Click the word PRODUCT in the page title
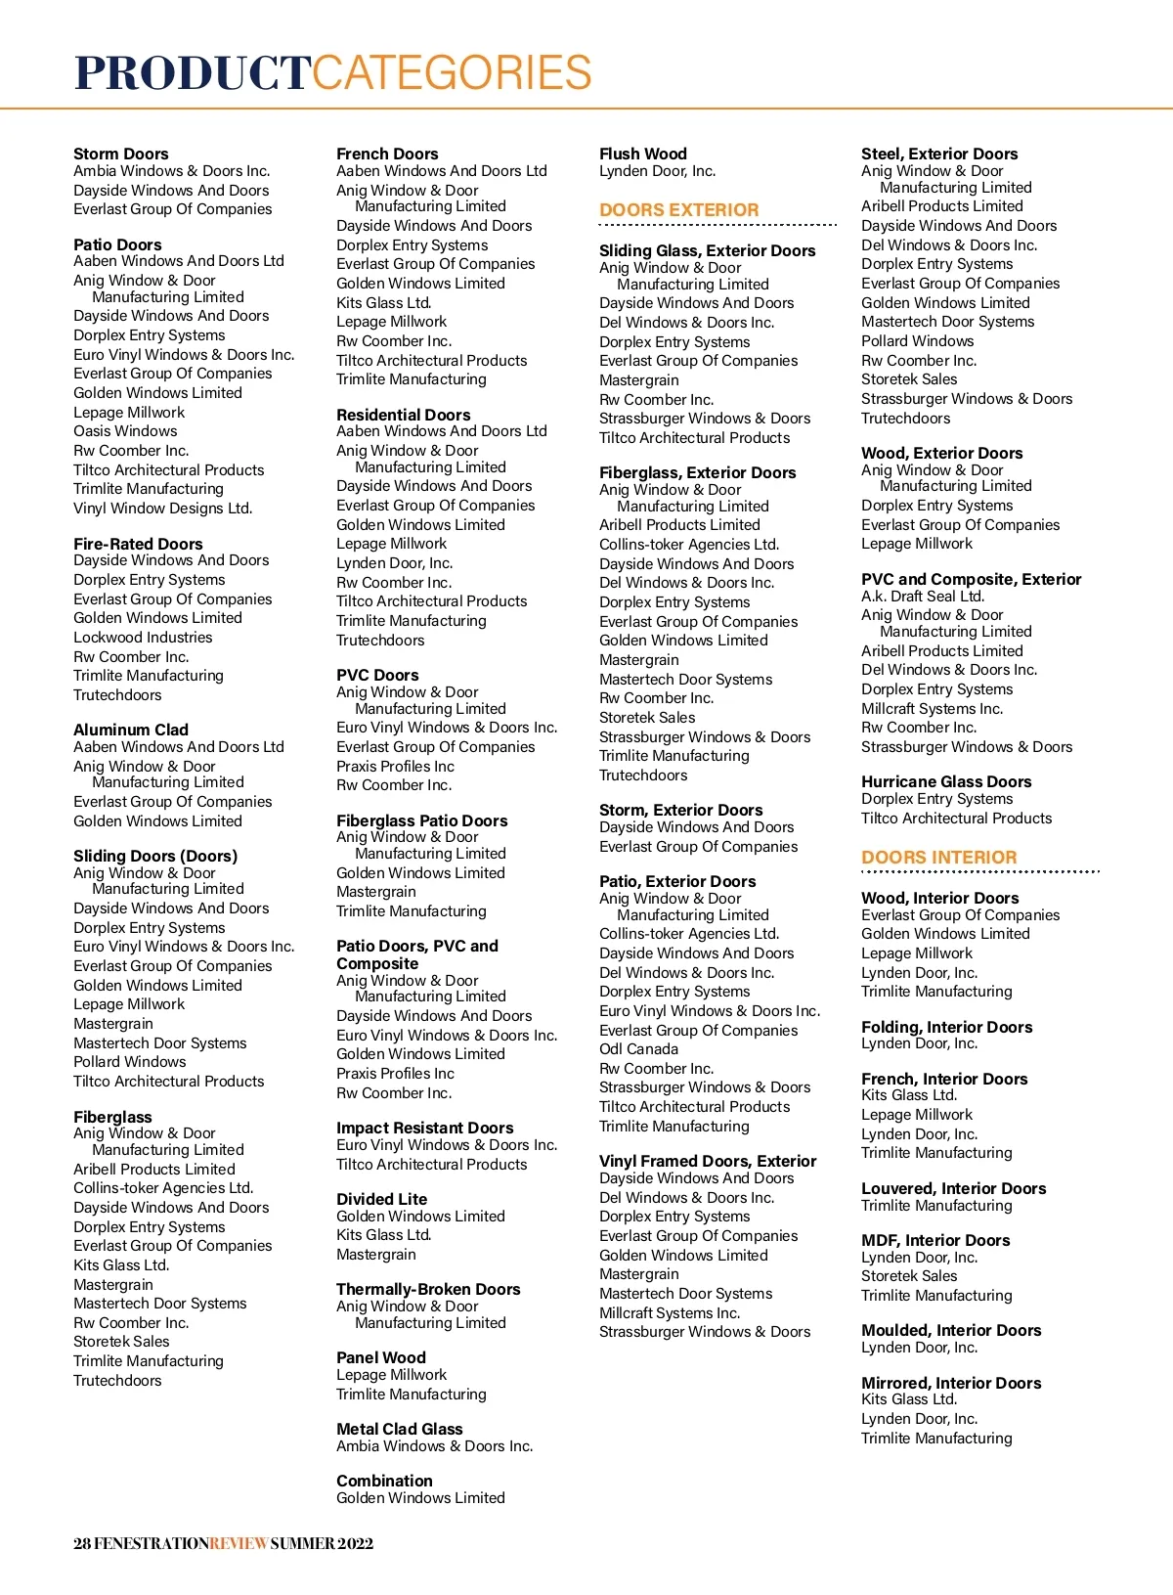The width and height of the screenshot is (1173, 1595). (x=193, y=73)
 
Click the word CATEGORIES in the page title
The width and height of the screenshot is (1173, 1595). (x=452, y=73)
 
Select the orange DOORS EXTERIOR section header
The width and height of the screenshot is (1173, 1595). (x=678, y=210)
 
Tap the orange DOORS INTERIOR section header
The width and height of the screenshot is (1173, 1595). (x=938, y=858)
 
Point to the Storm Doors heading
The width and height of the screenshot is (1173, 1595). (x=120, y=154)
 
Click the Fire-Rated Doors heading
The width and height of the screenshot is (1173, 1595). (x=138, y=544)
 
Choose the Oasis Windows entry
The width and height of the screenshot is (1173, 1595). (x=125, y=431)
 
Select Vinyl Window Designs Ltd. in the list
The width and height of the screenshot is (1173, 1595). (x=162, y=509)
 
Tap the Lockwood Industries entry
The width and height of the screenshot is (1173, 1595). (x=143, y=638)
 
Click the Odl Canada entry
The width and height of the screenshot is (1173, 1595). (x=638, y=1049)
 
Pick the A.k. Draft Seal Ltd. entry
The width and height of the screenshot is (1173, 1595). (x=922, y=597)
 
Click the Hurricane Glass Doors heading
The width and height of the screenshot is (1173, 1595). (x=945, y=782)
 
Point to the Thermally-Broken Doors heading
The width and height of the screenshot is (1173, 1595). (x=427, y=1290)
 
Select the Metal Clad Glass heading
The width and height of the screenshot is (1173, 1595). (x=399, y=1430)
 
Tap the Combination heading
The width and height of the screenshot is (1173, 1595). (x=384, y=1482)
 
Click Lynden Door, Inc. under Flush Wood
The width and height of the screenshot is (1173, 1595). (x=657, y=171)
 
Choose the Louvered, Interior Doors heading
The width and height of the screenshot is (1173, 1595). (x=953, y=1189)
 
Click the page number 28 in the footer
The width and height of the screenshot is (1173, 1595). (x=82, y=1544)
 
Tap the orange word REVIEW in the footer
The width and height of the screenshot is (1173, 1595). (x=239, y=1544)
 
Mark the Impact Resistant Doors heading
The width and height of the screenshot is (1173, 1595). (x=424, y=1129)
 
